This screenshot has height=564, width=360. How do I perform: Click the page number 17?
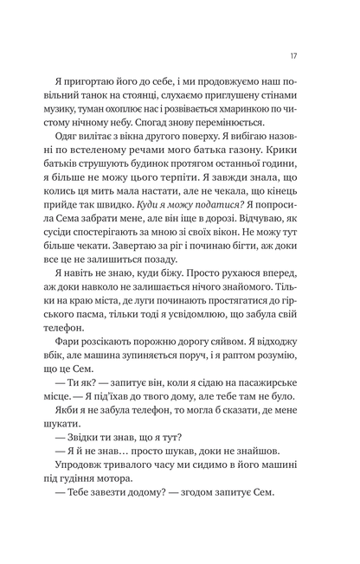pos(295,56)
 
